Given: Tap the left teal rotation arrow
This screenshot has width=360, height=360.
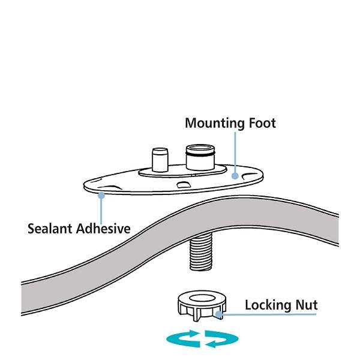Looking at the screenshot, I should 182,339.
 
